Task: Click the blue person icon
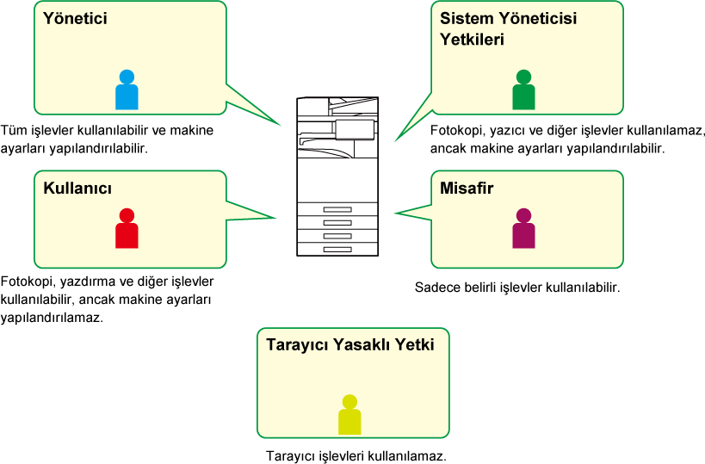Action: [x=127, y=90]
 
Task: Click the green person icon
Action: [x=523, y=90]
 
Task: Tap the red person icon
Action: [x=127, y=229]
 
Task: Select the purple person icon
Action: [x=523, y=229]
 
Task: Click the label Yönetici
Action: [x=76, y=18]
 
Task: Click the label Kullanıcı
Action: [x=77, y=189]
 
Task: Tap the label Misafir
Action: [x=467, y=189]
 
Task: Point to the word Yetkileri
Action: [x=472, y=40]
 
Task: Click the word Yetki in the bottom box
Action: [x=415, y=344]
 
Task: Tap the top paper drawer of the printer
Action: [x=337, y=209]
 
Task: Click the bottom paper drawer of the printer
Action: [x=337, y=249]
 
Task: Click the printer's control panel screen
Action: [x=355, y=129]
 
